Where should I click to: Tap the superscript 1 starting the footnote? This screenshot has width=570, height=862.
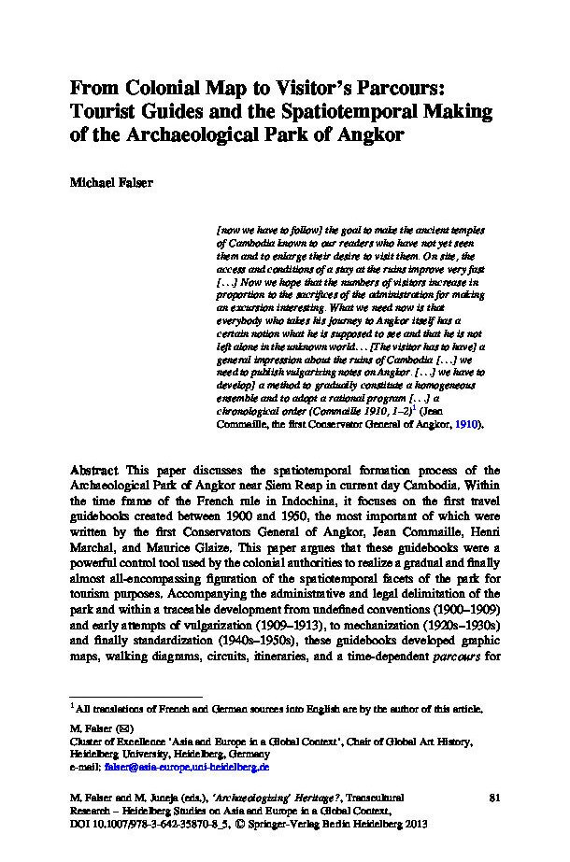72,707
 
